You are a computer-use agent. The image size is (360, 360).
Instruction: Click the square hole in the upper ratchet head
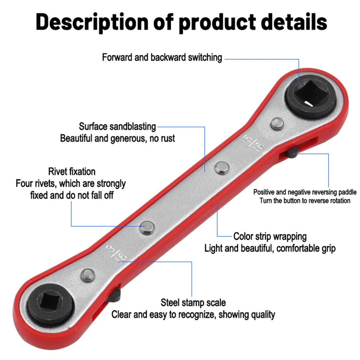coord(308,96)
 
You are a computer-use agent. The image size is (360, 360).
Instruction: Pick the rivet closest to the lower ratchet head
coord(87,276)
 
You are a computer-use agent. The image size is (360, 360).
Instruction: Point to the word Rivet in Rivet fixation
coord(57,172)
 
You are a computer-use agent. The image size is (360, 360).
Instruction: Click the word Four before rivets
coord(24,183)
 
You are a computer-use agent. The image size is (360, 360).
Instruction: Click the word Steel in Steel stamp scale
coord(170,302)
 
